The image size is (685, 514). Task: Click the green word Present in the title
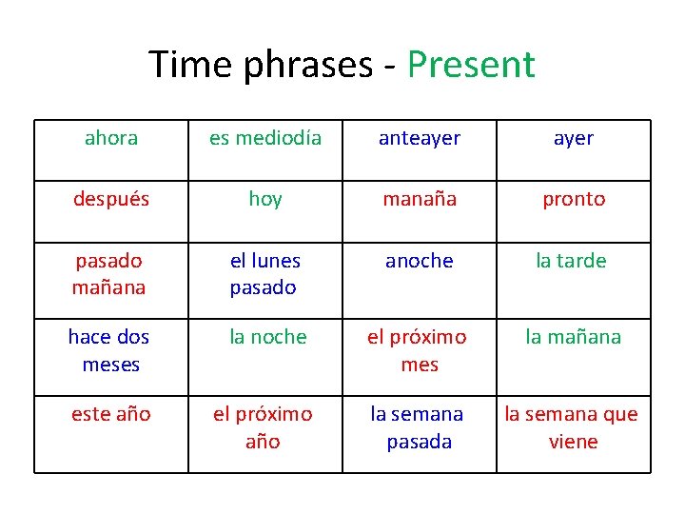471,65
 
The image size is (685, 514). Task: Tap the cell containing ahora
111,139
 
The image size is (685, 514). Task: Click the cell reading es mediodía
265,139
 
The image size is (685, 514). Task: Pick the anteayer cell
420,139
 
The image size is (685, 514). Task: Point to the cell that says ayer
574,139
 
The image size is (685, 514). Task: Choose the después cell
111,199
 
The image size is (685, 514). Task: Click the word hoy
265,199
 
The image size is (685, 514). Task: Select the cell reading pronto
574,199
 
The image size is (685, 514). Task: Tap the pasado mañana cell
111,274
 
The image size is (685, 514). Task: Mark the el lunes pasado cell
265,274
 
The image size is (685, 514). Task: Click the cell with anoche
420,262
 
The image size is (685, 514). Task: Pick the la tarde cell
574,262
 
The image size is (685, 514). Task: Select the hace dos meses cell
111,350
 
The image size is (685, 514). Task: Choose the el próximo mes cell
420,350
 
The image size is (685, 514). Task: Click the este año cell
111,415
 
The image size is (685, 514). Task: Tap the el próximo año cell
265,427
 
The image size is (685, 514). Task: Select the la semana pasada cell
420,427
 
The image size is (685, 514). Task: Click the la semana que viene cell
574,427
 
